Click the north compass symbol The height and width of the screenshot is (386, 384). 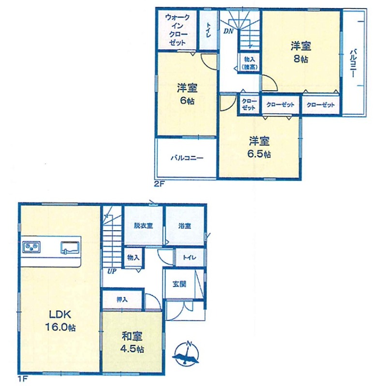[186, 353]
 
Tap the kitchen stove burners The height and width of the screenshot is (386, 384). [31, 247]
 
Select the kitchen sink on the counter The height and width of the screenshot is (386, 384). [70, 248]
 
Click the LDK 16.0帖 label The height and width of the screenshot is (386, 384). [60, 321]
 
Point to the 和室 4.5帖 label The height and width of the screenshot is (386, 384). [133, 343]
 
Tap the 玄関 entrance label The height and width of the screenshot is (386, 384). [179, 284]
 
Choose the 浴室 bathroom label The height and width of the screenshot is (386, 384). [185, 225]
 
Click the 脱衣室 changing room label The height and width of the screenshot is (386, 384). [143, 225]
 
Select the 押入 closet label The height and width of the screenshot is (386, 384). [122, 299]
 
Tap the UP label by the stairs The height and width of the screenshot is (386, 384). [112, 271]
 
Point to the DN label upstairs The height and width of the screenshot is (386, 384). [228, 31]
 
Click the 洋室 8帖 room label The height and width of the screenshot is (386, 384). [300, 53]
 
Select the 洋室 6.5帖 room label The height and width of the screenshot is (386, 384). [259, 147]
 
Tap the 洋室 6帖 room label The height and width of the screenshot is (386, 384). [187, 94]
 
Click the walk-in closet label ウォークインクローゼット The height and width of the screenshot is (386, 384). [177, 30]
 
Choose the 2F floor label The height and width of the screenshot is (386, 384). [160, 184]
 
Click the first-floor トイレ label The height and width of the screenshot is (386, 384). [189, 258]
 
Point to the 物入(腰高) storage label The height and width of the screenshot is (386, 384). [249, 63]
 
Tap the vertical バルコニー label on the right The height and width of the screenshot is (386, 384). [353, 63]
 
